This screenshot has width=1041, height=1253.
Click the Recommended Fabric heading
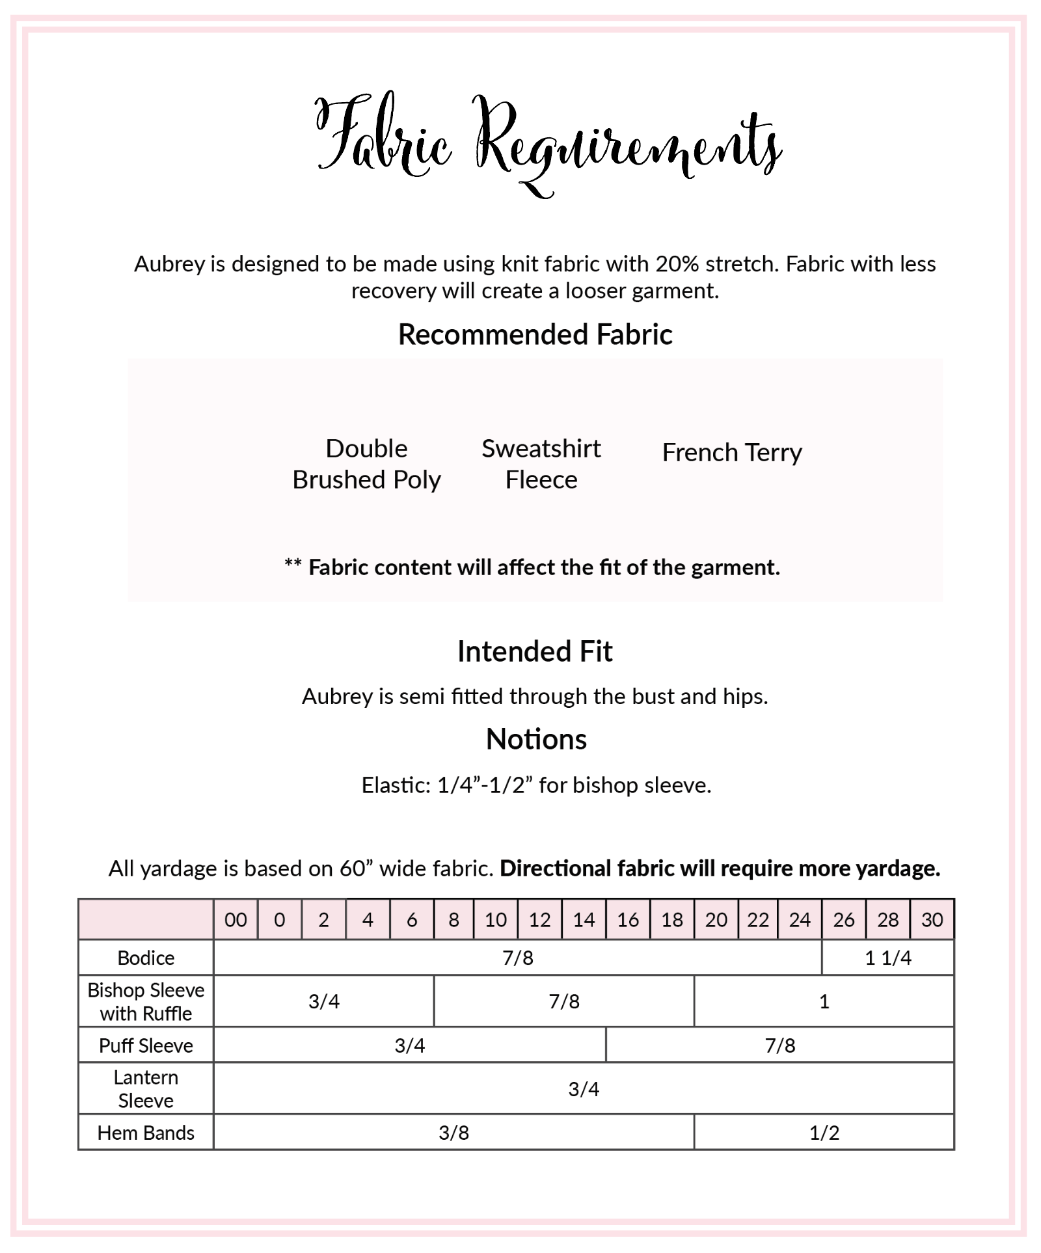tap(535, 334)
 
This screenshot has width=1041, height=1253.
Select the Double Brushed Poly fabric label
tap(366, 464)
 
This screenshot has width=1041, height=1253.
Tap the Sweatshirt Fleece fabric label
tap(541, 464)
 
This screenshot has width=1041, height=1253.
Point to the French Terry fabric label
tap(732, 452)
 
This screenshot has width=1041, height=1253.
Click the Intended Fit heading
tap(535, 651)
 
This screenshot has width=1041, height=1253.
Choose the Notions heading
tap(536, 739)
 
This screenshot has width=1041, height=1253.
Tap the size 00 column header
tap(236, 919)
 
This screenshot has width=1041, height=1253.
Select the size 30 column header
tap(932, 919)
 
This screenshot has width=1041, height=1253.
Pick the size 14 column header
tap(584, 919)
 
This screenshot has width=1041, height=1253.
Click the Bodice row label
tap(146, 958)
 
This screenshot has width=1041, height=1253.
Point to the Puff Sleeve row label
tap(146, 1045)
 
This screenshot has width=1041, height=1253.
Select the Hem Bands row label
tap(146, 1133)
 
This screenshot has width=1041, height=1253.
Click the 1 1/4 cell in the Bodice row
tap(887, 958)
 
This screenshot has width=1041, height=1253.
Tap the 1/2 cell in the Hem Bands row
tap(824, 1133)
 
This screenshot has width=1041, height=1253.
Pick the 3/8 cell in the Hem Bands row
tap(453, 1133)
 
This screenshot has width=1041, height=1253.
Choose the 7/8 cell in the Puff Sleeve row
tap(779, 1045)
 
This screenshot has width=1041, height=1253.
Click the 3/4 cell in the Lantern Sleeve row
tap(584, 1089)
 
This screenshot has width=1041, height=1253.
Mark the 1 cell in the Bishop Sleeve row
tap(824, 1001)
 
